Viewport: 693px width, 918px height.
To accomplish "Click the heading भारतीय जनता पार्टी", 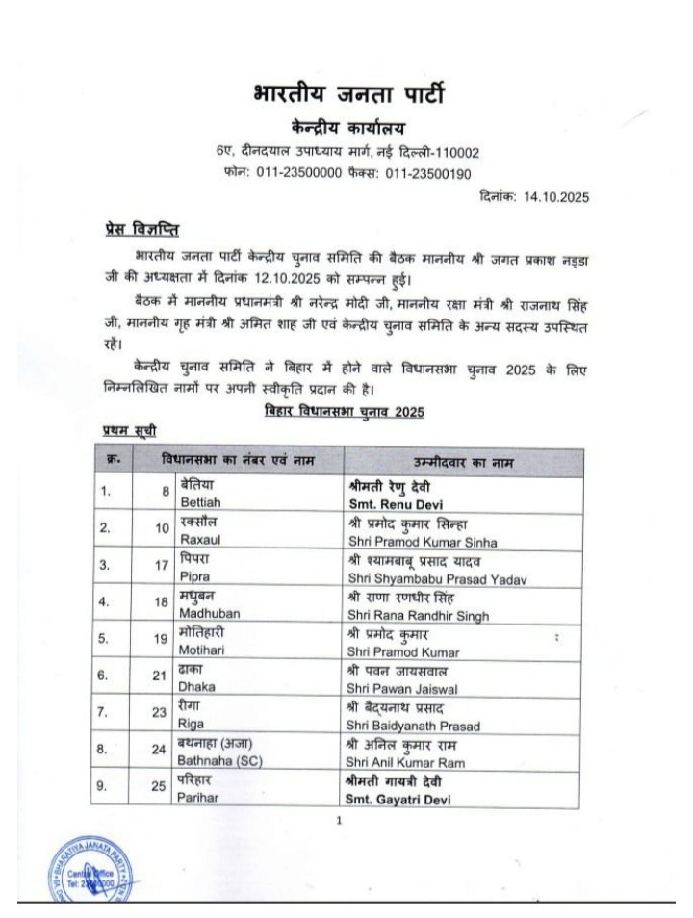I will pos(348,96).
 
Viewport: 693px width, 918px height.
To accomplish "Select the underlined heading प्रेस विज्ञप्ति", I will pos(140,231).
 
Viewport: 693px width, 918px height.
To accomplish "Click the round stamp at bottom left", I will pos(92,872).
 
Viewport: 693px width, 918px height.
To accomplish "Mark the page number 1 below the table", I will pos(340,821).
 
